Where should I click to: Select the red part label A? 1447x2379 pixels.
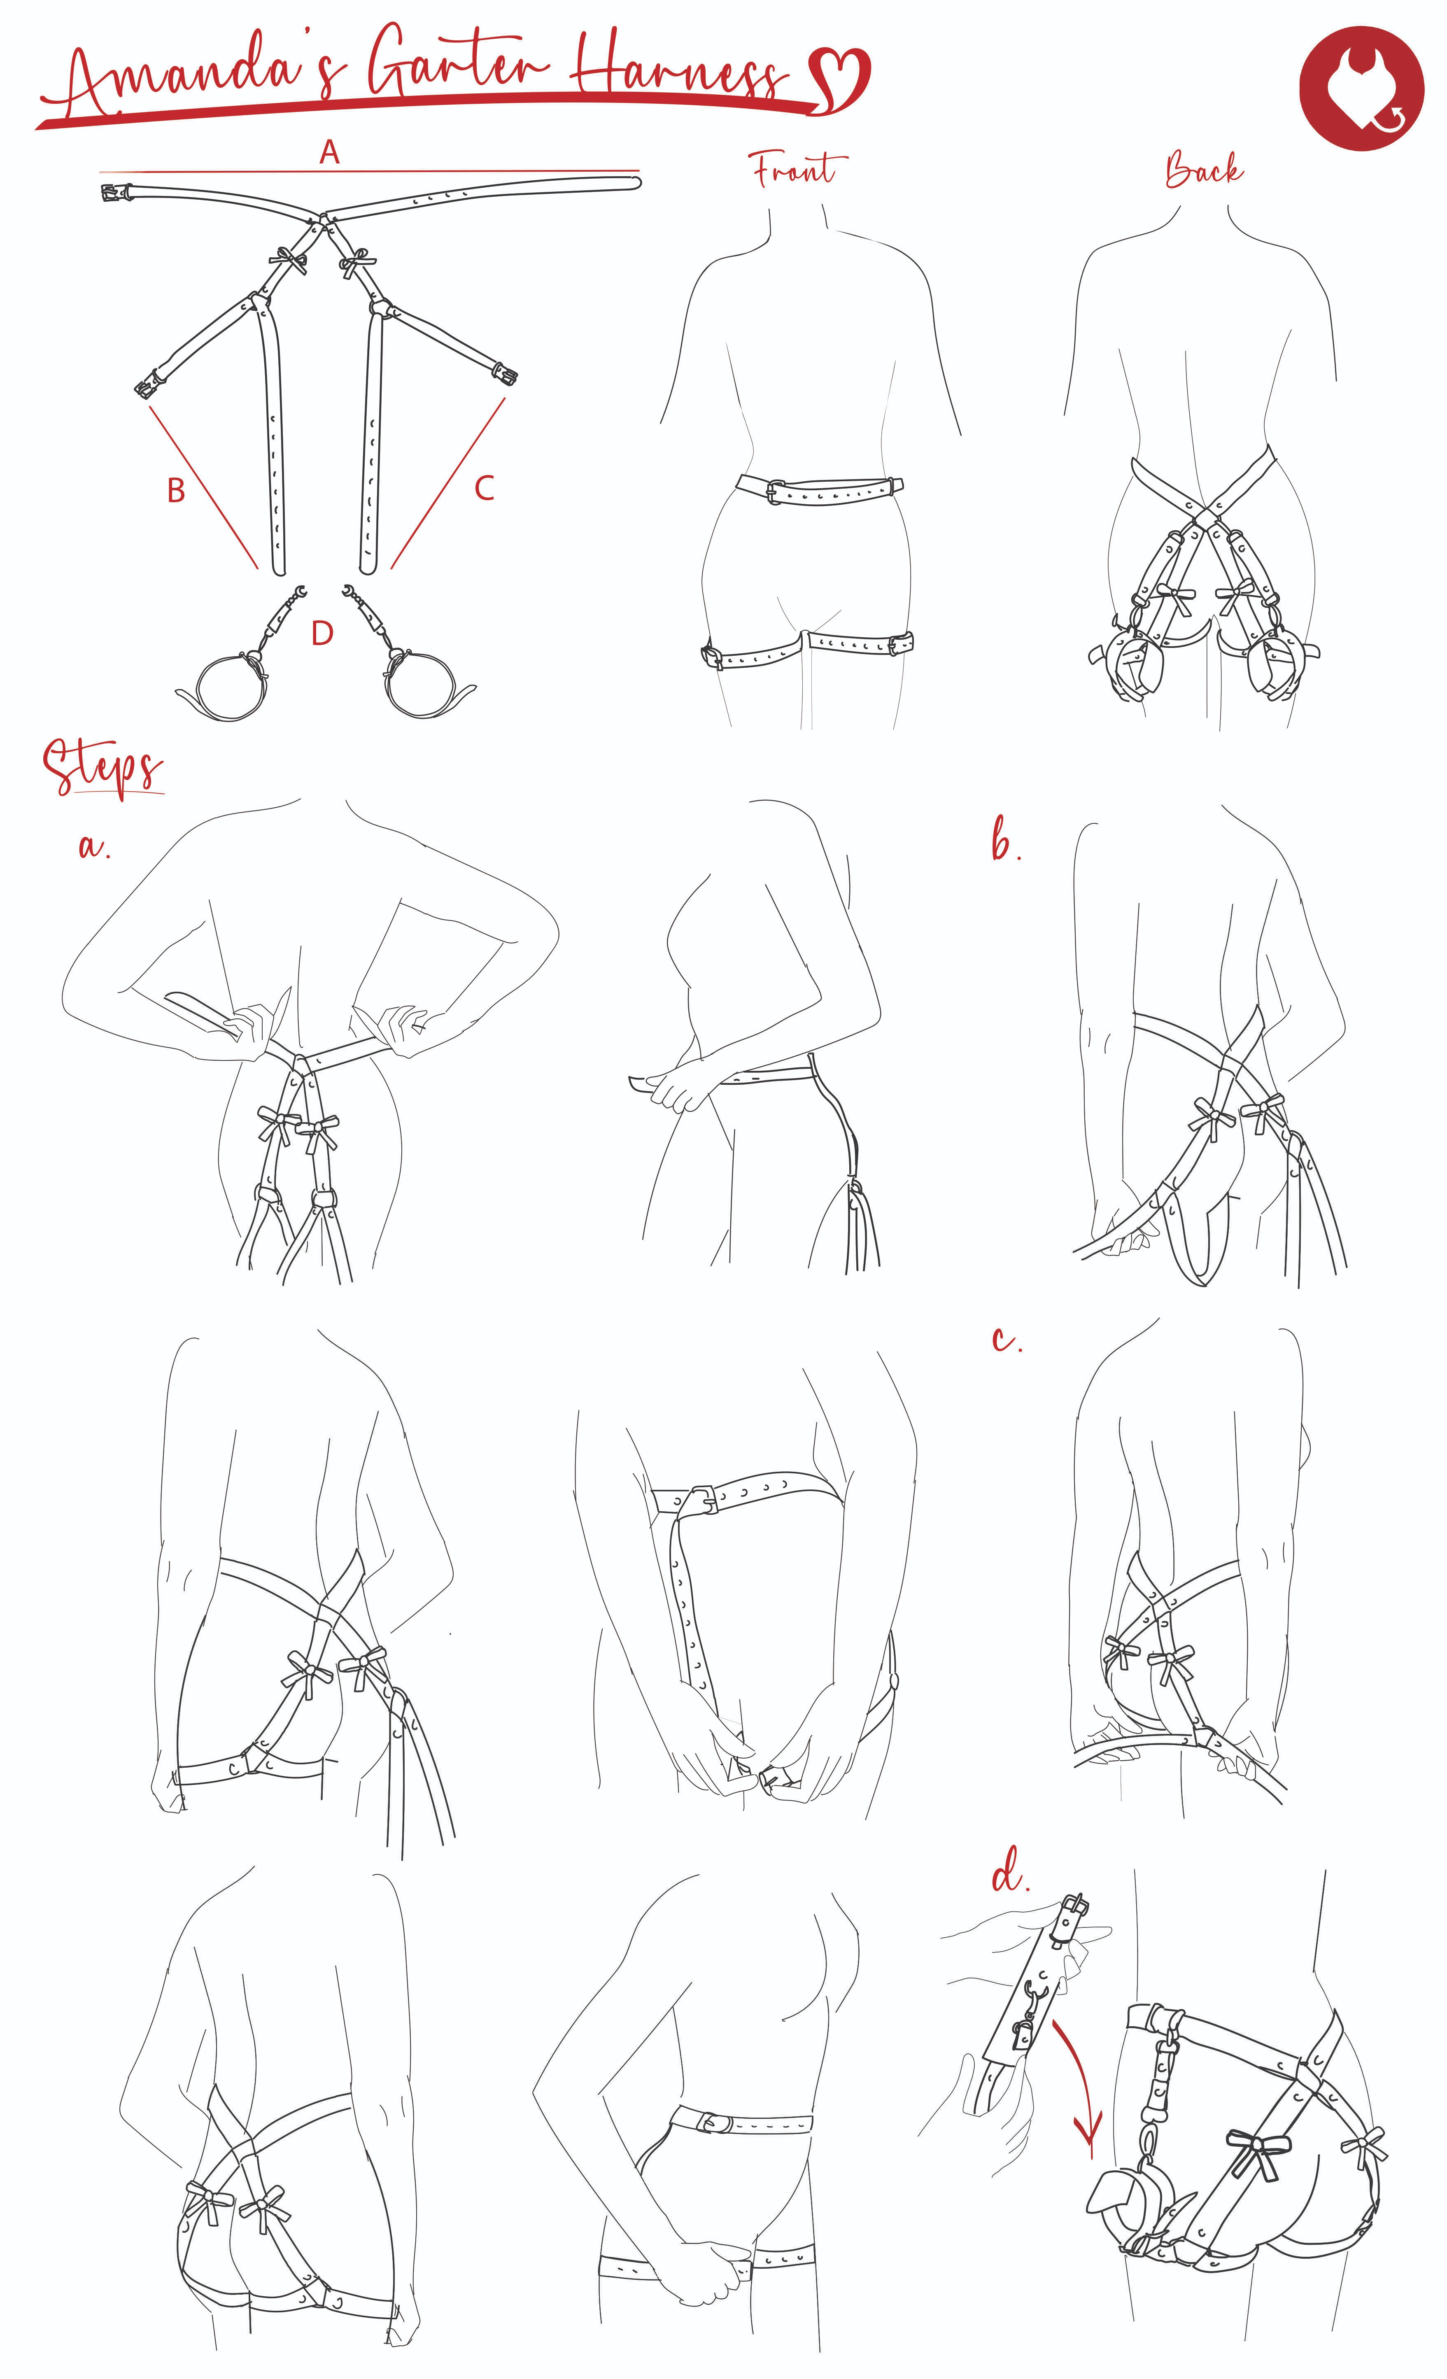point(330,151)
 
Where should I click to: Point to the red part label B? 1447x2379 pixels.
point(176,490)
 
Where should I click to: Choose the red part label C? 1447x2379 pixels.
point(485,487)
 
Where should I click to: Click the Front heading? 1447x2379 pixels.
point(794,170)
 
